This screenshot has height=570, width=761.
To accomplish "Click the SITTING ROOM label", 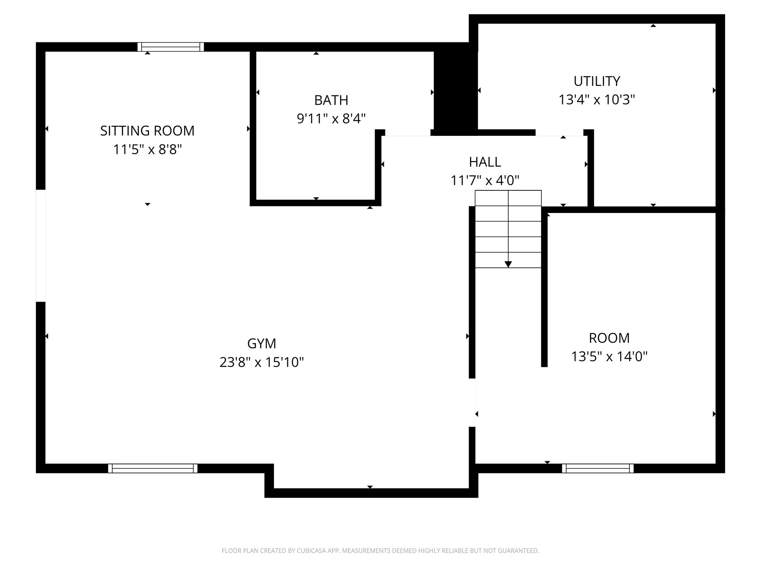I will pyautogui.click(x=147, y=131).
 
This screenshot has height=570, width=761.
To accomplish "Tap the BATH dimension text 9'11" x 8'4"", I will pyautogui.click(x=331, y=119).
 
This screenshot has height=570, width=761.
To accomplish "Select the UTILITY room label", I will pyautogui.click(x=596, y=81).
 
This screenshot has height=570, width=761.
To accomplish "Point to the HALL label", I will pyautogui.click(x=485, y=162).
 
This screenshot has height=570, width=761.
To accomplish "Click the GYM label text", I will pyautogui.click(x=262, y=344).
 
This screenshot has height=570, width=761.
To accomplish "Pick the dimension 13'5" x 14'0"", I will pyautogui.click(x=609, y=357).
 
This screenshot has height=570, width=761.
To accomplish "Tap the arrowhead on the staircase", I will pyautogui.click(x=508, y=264).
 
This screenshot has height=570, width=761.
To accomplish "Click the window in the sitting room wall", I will pyautogui.click(x=171, y=47).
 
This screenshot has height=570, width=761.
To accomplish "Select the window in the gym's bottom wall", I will pyautogui.click(x=153, y=468).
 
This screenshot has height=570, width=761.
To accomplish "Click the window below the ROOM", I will pyautogui.click(x=598, y=468).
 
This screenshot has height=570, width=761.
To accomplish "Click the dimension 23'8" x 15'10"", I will pyautogui.click(x=262, y=362).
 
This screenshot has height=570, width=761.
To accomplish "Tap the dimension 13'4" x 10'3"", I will pyautogui.click(x=596, y=100).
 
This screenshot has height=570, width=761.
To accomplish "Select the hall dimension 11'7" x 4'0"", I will pyautogui.click(x=485, y=181).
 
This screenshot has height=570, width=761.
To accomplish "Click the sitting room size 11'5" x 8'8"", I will pyautogui.click(x=147, y=150).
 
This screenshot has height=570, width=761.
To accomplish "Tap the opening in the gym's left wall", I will pyautogui.click(x=41, y=246).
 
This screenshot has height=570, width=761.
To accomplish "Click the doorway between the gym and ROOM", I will pyautogui.click(x=472, y=402).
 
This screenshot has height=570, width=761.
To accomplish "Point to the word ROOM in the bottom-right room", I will pyautogui.click(x=609, y=338).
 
